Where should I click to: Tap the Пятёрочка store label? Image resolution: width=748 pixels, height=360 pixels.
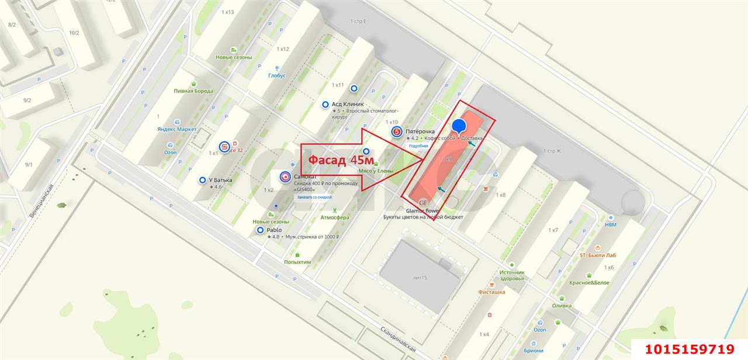pos(421,132)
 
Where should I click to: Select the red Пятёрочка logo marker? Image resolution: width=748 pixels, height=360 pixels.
pos(396,132)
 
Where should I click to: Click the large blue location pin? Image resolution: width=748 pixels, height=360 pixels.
pos(459,126)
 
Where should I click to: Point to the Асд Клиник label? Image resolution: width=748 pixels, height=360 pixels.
pos(348,104)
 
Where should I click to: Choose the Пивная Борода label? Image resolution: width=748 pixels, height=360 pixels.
pos(193,91)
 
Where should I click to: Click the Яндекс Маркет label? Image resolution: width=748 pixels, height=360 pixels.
pos(176,129)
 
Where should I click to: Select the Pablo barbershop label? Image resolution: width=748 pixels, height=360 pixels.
pos(274,230)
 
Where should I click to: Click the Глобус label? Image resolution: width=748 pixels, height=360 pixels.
pos(277,75)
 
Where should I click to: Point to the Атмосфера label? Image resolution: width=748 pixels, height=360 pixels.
pos(334,217)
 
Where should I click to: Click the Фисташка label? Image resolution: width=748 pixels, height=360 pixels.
pos(491,292)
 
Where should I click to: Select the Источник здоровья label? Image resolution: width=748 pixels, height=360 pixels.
pos(512,275)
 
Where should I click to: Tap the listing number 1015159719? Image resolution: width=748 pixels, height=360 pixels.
pos(690,349)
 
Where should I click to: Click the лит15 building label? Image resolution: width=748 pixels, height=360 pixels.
pos(420,278)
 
